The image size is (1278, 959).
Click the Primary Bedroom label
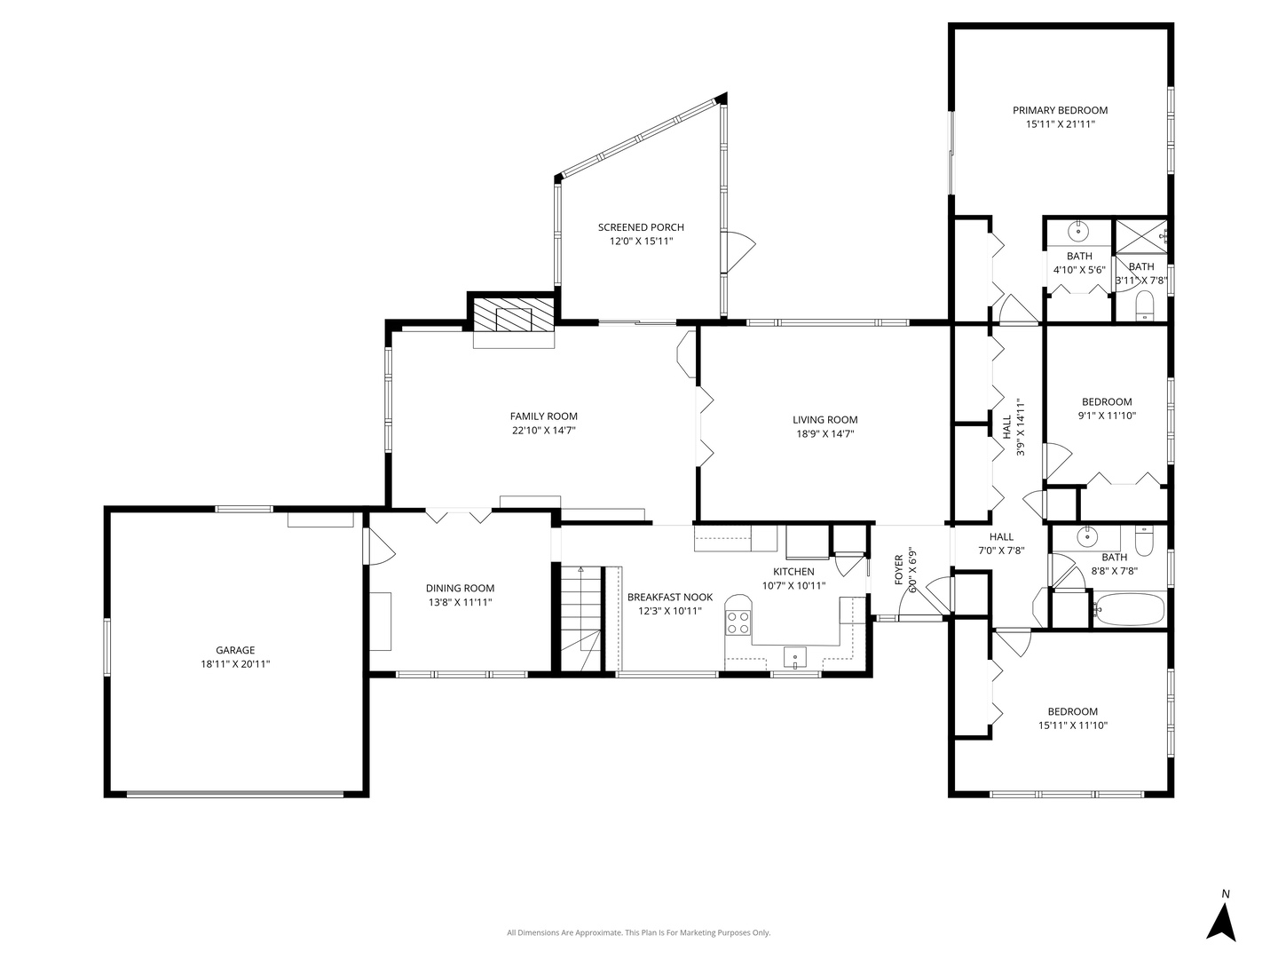[1060, 110]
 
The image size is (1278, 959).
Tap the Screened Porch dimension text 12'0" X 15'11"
[641, 242]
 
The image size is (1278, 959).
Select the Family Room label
[543, 416]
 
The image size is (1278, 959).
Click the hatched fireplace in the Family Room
[513, 315]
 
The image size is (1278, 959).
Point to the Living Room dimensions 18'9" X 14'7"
[824, 434]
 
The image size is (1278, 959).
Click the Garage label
[235, 650]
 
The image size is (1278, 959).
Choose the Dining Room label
[460, 588]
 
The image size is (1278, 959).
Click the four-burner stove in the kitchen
[738, 622]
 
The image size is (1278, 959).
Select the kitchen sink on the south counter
[794, 658]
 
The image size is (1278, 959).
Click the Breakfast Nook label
[669, 597]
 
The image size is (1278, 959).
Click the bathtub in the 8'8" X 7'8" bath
[1128, 610]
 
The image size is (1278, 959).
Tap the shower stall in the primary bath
[1140, 234]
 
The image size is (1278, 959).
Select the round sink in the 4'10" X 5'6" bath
[1078, 232]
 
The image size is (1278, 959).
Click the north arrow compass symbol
[1222, 921]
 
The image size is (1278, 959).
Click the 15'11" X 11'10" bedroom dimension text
[1072, 725]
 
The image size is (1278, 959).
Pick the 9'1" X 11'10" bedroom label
[1106, 401]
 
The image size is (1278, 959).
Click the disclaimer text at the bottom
[638, 932]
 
